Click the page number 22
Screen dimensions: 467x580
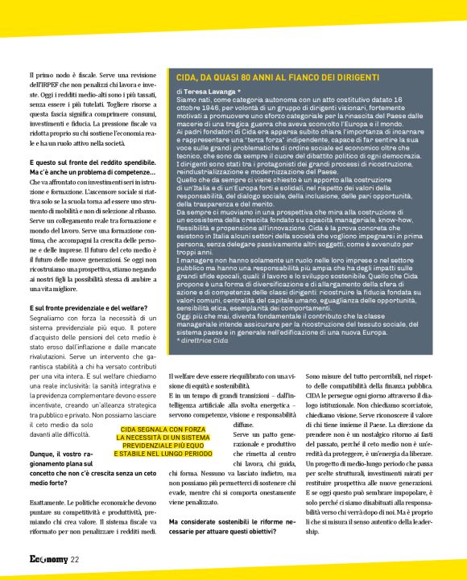[x=75, y=559]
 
